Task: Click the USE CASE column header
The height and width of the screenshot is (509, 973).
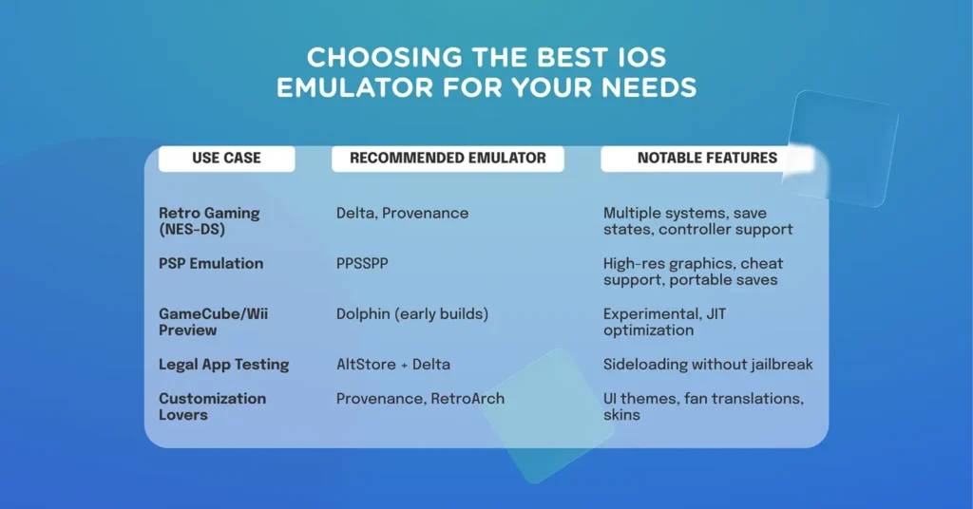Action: click(226, 159)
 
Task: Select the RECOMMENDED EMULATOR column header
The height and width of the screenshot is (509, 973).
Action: click(448, 159)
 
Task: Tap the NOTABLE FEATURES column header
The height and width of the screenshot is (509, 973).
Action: click(707, 159)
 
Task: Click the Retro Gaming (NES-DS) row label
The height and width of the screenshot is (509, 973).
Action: click(208, 221)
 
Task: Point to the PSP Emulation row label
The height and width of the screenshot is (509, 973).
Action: click(211, 263)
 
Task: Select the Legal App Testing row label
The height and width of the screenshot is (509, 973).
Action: click(223, 365)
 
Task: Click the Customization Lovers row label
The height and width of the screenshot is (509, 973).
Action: click(212, 406)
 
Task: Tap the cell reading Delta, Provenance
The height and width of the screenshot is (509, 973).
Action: click(402, 214)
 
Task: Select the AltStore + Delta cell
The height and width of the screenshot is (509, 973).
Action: click(393, 365)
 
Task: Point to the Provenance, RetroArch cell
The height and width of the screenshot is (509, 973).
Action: click(420, 399)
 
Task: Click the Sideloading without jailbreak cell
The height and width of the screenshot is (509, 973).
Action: click(708, 365)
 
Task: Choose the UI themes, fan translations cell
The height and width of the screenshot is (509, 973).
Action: click(703, 406)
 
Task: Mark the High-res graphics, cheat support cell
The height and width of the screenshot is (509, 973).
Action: click(694, 272)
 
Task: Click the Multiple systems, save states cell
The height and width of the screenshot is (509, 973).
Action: click(697, 221)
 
